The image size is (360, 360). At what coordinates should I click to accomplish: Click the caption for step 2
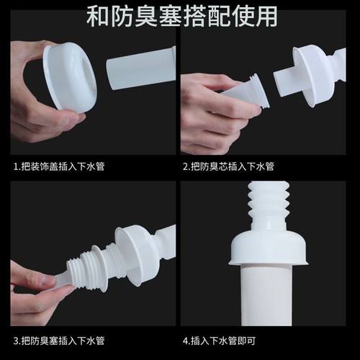coord(229,166)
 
